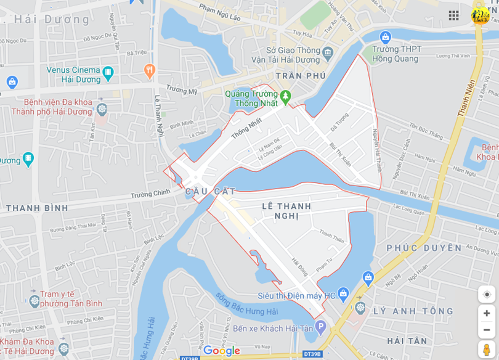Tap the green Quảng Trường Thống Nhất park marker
coord(285,97)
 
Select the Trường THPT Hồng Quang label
coord(397,54)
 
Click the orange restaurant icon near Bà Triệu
coord(149,71)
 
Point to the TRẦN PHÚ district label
coord(301,75)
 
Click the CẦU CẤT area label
coord(210,192)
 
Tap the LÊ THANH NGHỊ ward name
coord(286,211)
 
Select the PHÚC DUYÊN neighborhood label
coord(424,248)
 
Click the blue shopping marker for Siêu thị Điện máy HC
coord(343,294)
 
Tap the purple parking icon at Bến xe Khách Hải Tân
coord(320,325)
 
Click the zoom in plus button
coord(487,313)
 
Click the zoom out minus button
coord(487,330)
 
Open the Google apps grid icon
coord(454,15)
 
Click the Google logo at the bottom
coord(221,351)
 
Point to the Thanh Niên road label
coord(467,98)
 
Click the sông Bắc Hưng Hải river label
coord(246,304)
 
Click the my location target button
coord(487,294)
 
